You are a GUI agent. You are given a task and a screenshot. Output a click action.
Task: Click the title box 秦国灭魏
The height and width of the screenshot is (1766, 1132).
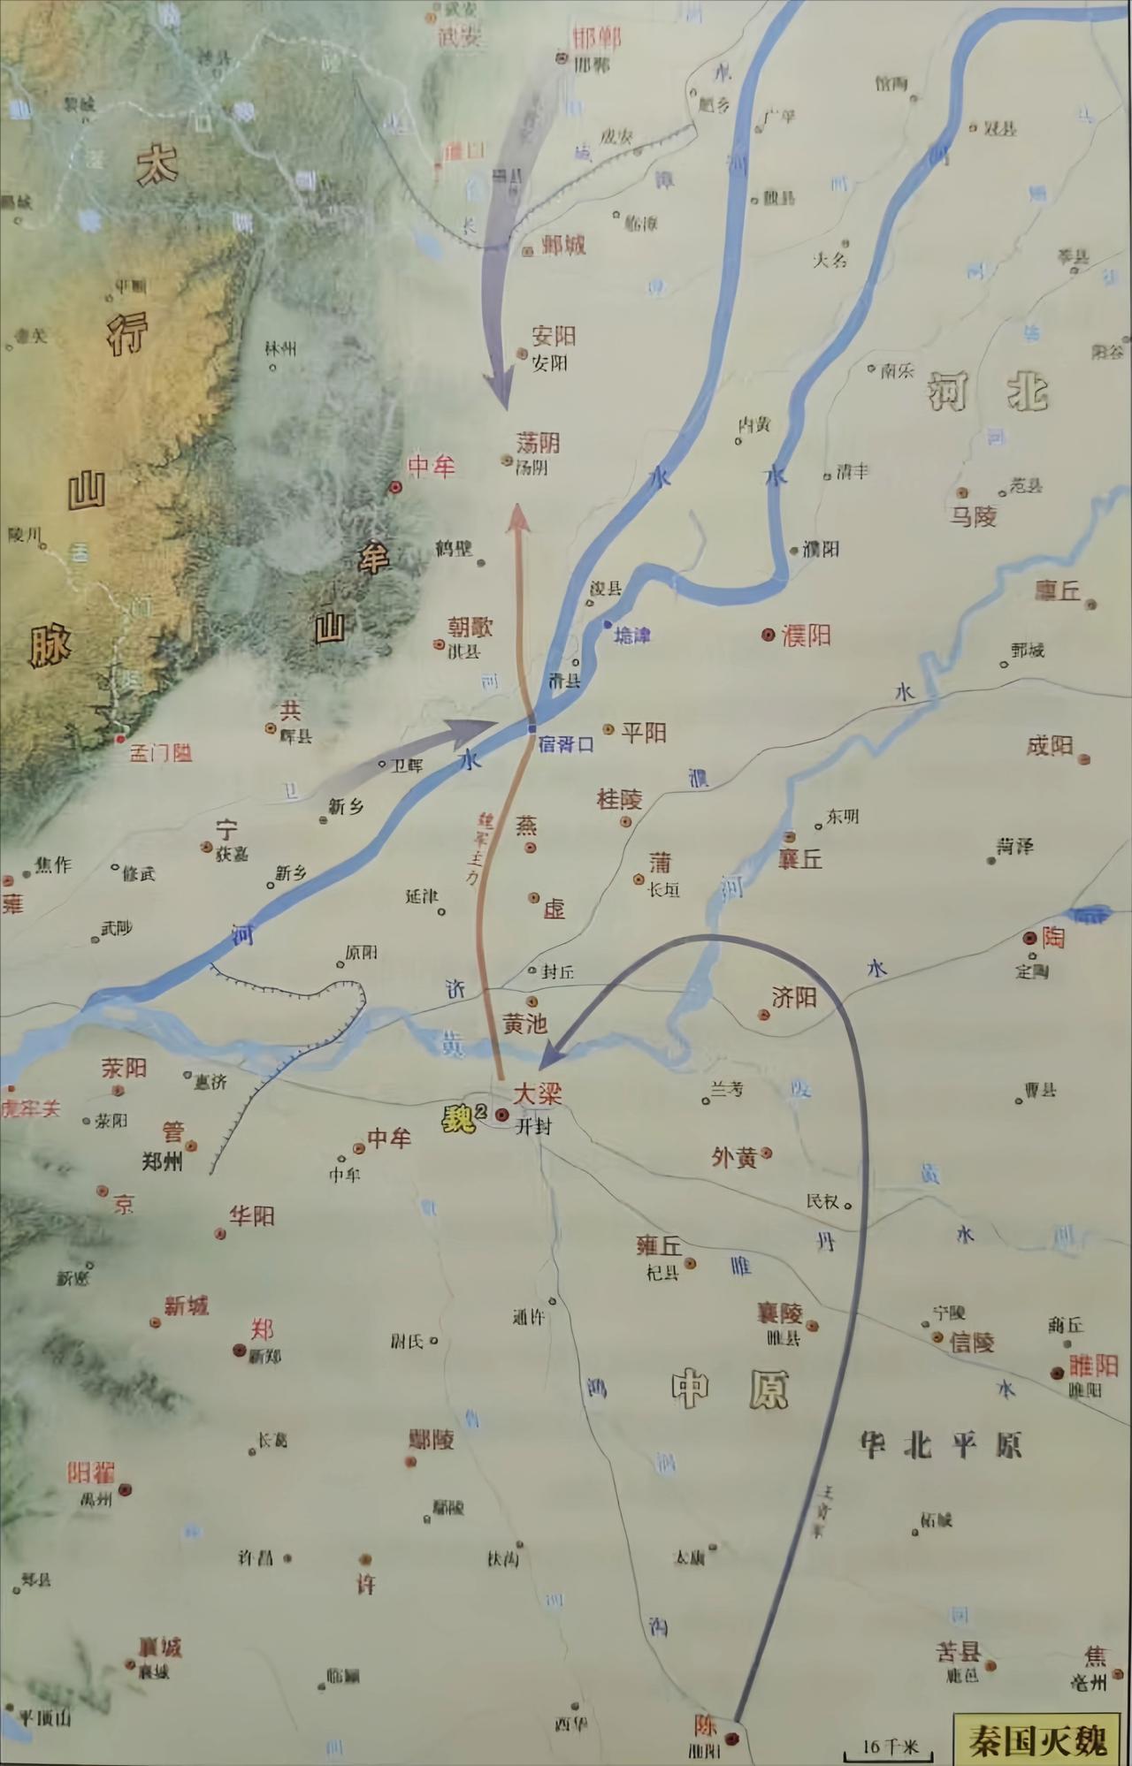tap(1036, 1739)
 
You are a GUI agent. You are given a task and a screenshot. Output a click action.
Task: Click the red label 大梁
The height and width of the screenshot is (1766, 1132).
tap(538, 1093)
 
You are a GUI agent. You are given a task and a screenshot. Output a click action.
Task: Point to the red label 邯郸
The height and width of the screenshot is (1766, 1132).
tap(596, 38)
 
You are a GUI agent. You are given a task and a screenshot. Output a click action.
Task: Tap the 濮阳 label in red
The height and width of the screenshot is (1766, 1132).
tap(806, 635)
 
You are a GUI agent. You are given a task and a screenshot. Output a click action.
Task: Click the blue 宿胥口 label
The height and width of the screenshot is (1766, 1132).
tap(566, 744)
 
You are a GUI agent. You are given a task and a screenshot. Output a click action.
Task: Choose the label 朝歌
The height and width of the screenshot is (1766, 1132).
tap(470, 627)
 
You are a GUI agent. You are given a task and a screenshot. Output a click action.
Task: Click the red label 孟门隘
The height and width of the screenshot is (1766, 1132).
tap(161, 753)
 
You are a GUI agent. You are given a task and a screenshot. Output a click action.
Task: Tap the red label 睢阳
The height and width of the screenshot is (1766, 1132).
tap(1094, 1366)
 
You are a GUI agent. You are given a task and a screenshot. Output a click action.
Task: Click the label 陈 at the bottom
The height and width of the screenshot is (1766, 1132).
tap(705, 1724)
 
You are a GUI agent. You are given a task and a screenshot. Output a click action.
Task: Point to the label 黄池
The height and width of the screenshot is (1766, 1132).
tap(524, 1024)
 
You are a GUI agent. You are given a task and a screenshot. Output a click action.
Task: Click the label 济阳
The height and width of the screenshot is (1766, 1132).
tap(793, 998)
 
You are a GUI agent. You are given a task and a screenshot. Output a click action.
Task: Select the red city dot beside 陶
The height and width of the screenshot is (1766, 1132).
tap(1029, 938)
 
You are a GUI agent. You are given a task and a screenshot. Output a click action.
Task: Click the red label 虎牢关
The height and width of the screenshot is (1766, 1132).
tap(30, 1108)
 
